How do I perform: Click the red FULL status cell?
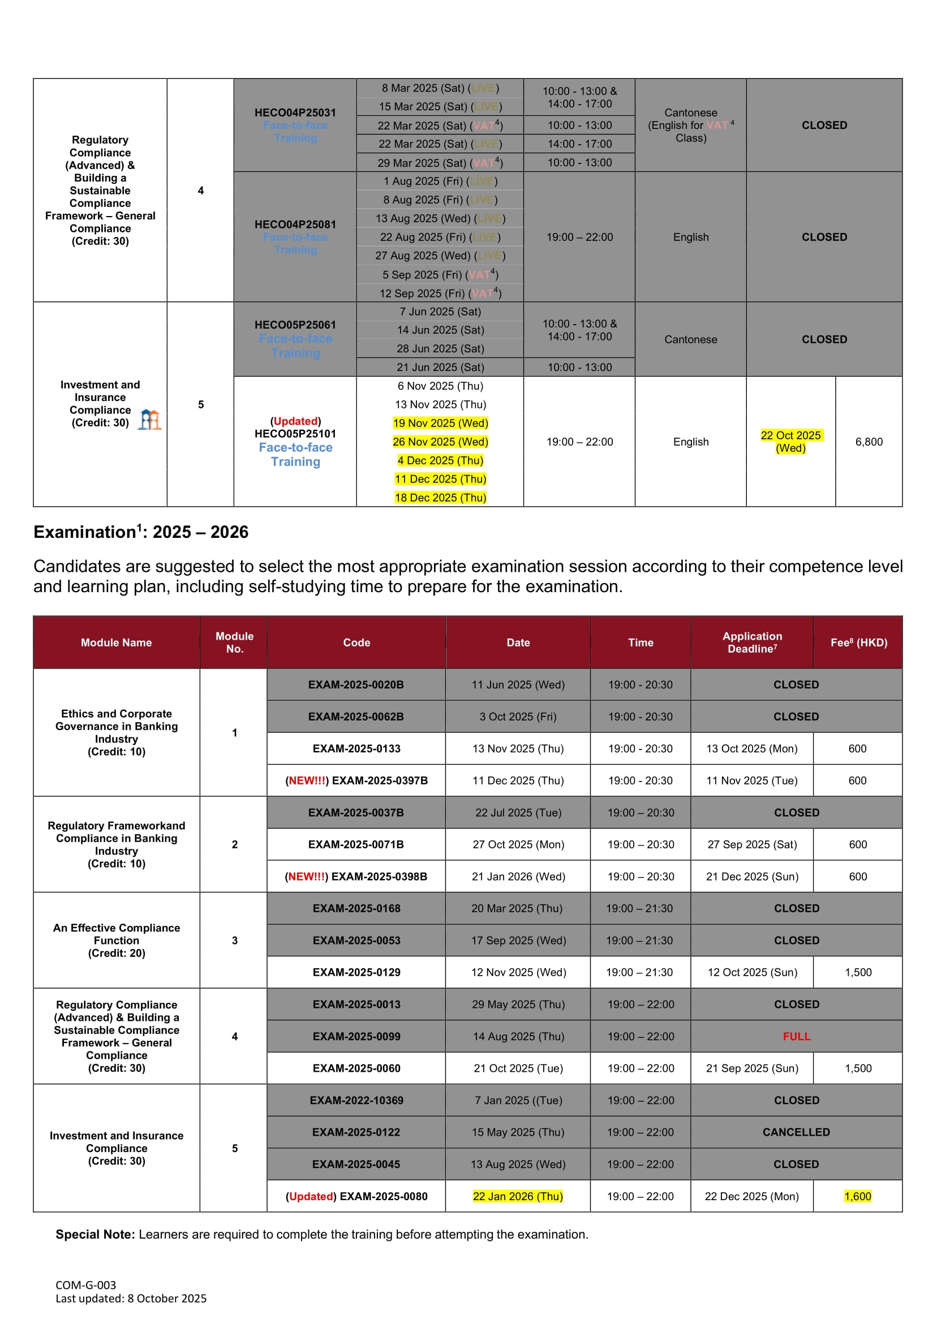[x=796, y=1036]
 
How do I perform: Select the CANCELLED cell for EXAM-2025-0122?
[x=796, y=1132]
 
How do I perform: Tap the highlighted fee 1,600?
[x=857, y=1196]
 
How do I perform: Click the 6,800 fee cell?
[x=869, y=442]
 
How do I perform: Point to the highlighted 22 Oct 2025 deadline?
[x=790, y=441]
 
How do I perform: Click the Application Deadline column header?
[x=752, y=642]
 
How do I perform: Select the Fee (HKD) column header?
[x=858, y=642]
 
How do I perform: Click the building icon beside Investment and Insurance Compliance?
[x=150, y=420]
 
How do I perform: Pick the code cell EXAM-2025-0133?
[x=356, y=748]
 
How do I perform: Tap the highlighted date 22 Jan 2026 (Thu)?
[x=518, y=1196]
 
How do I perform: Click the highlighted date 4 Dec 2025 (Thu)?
[x=440, y=460]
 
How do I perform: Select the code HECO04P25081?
[x=295, y=225]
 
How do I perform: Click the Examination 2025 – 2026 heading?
[x=141, y=532]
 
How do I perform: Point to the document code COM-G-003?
[x=85, y=1285]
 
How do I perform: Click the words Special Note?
[x=95, y=1234]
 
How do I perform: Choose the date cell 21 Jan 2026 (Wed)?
[x=518, y=877]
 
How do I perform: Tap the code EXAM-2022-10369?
[x=356, y=1100]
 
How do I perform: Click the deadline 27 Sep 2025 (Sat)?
[x=752, y=844]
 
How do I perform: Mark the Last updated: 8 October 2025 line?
[x=131, y=1298]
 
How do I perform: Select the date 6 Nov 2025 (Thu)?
[x=440, y=386]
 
